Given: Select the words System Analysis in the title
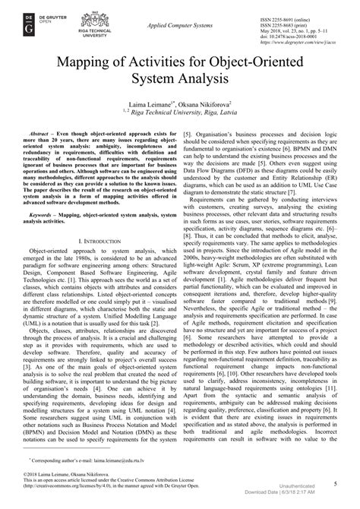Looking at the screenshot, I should pyautogui.click(x=180, y=80).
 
